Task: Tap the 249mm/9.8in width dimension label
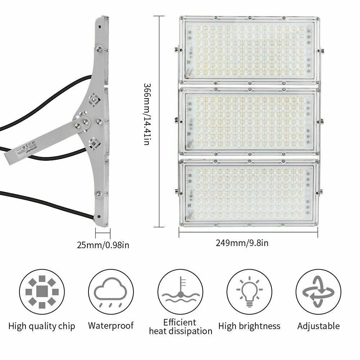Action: (x=242, y=243)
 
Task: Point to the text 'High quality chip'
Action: (x=42, y=326)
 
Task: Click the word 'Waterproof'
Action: (x=111, y=325)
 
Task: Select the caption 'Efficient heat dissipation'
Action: (x=180, y=327)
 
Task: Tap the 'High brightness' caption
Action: (x=249, y=326)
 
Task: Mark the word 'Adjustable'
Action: (x=318, y=326)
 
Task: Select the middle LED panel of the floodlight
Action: (x=249, y=121)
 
